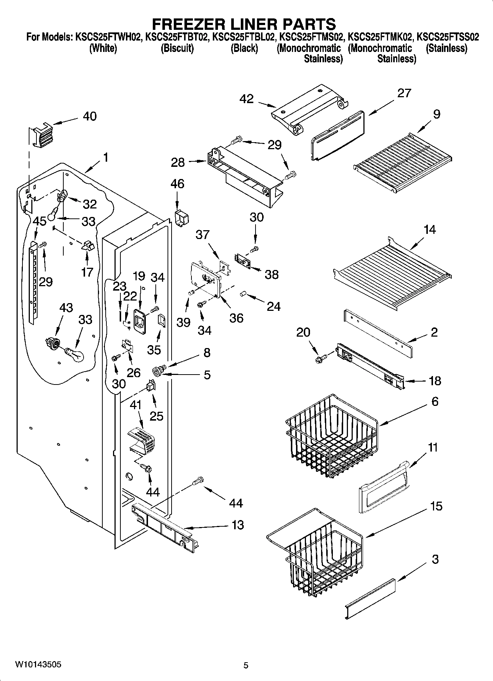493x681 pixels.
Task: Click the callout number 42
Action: (246, 99)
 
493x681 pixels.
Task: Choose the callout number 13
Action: (238, 525)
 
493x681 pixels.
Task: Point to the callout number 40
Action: (89, 116)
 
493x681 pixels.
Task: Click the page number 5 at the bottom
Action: (246, 665)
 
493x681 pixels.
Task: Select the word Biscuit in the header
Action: (177, 48)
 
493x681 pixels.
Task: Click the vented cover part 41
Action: (142, 440)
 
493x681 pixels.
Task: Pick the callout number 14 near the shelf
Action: (429, 229)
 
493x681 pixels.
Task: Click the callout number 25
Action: (156, 416)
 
